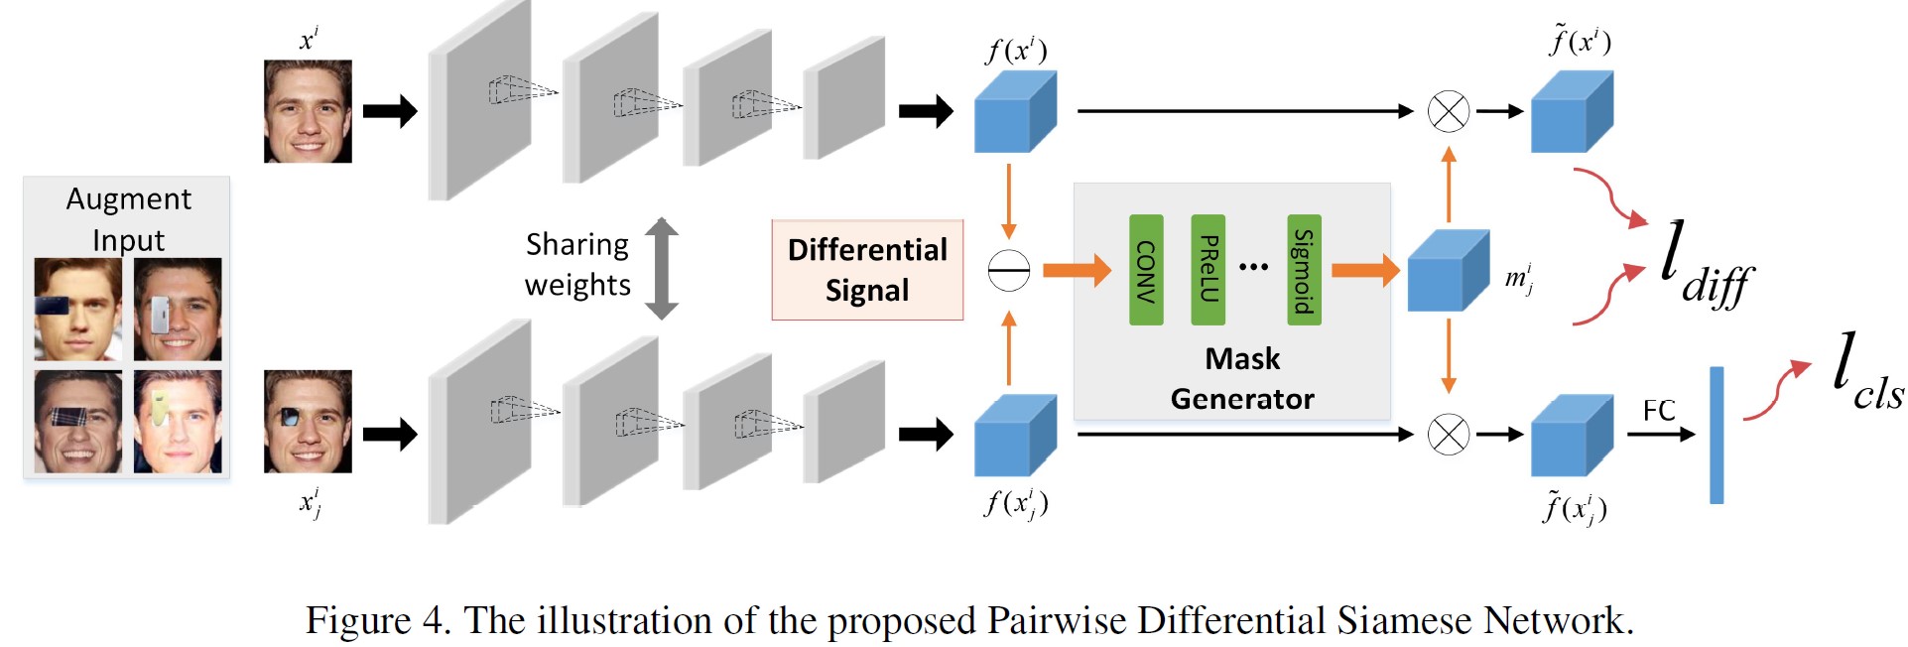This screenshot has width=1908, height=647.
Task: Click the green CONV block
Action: click(1146, 270)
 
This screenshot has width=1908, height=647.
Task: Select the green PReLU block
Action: click(1208, 270)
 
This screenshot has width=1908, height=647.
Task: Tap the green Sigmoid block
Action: click(1304, 270)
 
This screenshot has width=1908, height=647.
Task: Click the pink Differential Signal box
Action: click(867, 270)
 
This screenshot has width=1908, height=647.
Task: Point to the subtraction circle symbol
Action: click(1009, 271)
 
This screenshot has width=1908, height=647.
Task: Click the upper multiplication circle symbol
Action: click(1448, 111)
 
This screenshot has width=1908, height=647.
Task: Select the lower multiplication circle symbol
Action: click(1448, 435)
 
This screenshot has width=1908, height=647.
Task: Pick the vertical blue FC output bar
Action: click(1717, 435)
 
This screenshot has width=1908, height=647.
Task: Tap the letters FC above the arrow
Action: click(1659, 410)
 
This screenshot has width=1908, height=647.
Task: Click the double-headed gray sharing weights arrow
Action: click(662, 269)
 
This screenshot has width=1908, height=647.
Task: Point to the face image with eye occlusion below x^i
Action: click(308, 422)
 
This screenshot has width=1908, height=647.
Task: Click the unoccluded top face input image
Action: click(308, 111)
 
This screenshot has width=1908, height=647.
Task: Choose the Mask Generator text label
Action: click(1242, 378)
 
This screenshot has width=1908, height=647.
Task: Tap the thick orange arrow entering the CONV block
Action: click(1078, 270)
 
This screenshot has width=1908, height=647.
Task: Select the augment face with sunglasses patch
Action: click(77, 310)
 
